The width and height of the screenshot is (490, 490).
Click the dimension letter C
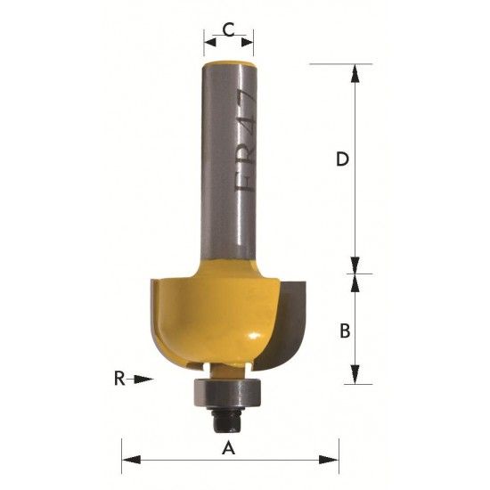(228, 30)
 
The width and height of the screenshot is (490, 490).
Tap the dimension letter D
(342, 159)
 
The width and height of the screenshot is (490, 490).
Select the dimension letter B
(345, 331)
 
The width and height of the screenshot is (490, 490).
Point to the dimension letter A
(228, 448)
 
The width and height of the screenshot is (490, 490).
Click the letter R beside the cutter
(119, 379)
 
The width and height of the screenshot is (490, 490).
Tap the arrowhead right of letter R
(144, 379)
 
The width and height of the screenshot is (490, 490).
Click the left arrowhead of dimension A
(131, 460)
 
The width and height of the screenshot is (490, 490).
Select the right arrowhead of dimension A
(329, 460)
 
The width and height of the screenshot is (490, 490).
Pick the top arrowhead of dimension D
(355, 74)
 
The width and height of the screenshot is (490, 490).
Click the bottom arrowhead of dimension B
(355, 374)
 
